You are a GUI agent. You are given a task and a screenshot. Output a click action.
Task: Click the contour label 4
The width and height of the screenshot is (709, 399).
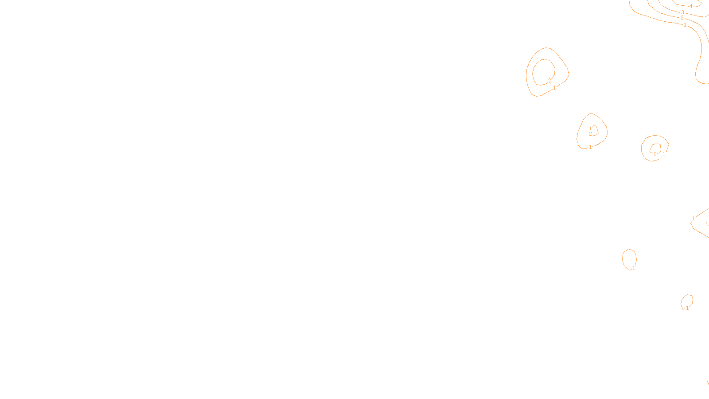[690, 7]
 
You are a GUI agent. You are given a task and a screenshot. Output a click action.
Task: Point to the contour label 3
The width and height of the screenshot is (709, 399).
[682, 12]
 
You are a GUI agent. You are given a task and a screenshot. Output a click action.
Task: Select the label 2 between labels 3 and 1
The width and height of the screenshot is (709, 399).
[682, 18]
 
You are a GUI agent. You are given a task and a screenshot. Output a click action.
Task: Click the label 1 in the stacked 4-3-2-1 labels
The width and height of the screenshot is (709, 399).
[685, 25]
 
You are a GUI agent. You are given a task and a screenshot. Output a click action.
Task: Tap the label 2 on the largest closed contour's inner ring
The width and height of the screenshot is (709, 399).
[549, 81]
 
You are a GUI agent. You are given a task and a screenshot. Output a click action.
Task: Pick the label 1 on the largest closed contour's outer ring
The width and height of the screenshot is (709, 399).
[554, 88]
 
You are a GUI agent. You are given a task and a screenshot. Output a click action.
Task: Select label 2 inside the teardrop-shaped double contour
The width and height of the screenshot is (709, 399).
[590, 133]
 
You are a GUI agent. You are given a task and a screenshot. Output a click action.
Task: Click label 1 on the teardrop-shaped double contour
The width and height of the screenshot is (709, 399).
[590, 147]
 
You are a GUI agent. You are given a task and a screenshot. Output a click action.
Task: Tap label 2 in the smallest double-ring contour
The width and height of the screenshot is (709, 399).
[655, 154]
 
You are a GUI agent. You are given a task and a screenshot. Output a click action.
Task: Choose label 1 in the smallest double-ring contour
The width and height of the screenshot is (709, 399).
[664, 155]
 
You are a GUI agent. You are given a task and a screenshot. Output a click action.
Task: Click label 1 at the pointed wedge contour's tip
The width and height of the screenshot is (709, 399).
[693, 219]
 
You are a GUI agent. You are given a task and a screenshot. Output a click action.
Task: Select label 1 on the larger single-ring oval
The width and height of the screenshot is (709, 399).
[634, 268]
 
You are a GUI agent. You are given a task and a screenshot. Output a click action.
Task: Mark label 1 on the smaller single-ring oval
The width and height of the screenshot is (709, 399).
[687, 308]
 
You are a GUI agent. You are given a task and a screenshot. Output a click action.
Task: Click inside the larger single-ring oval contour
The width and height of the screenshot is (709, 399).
[629, 258]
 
